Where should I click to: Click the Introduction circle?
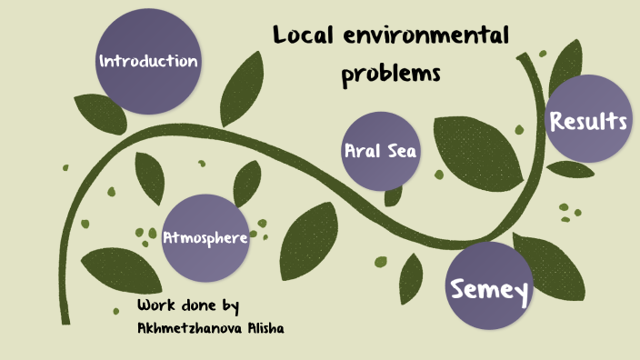coord(148,62)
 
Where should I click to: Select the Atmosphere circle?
coord(205,237)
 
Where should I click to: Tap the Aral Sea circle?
coord(380,151)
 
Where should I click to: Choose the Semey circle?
coord(490,287)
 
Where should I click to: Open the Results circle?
coord(588,119)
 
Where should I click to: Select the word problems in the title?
coord(391,73)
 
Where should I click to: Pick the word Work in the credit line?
coord(155,305)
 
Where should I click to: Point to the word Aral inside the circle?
coord(362,151)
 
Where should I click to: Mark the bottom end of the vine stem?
coord(65,320)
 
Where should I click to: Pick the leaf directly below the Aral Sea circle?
coord(393,196)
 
